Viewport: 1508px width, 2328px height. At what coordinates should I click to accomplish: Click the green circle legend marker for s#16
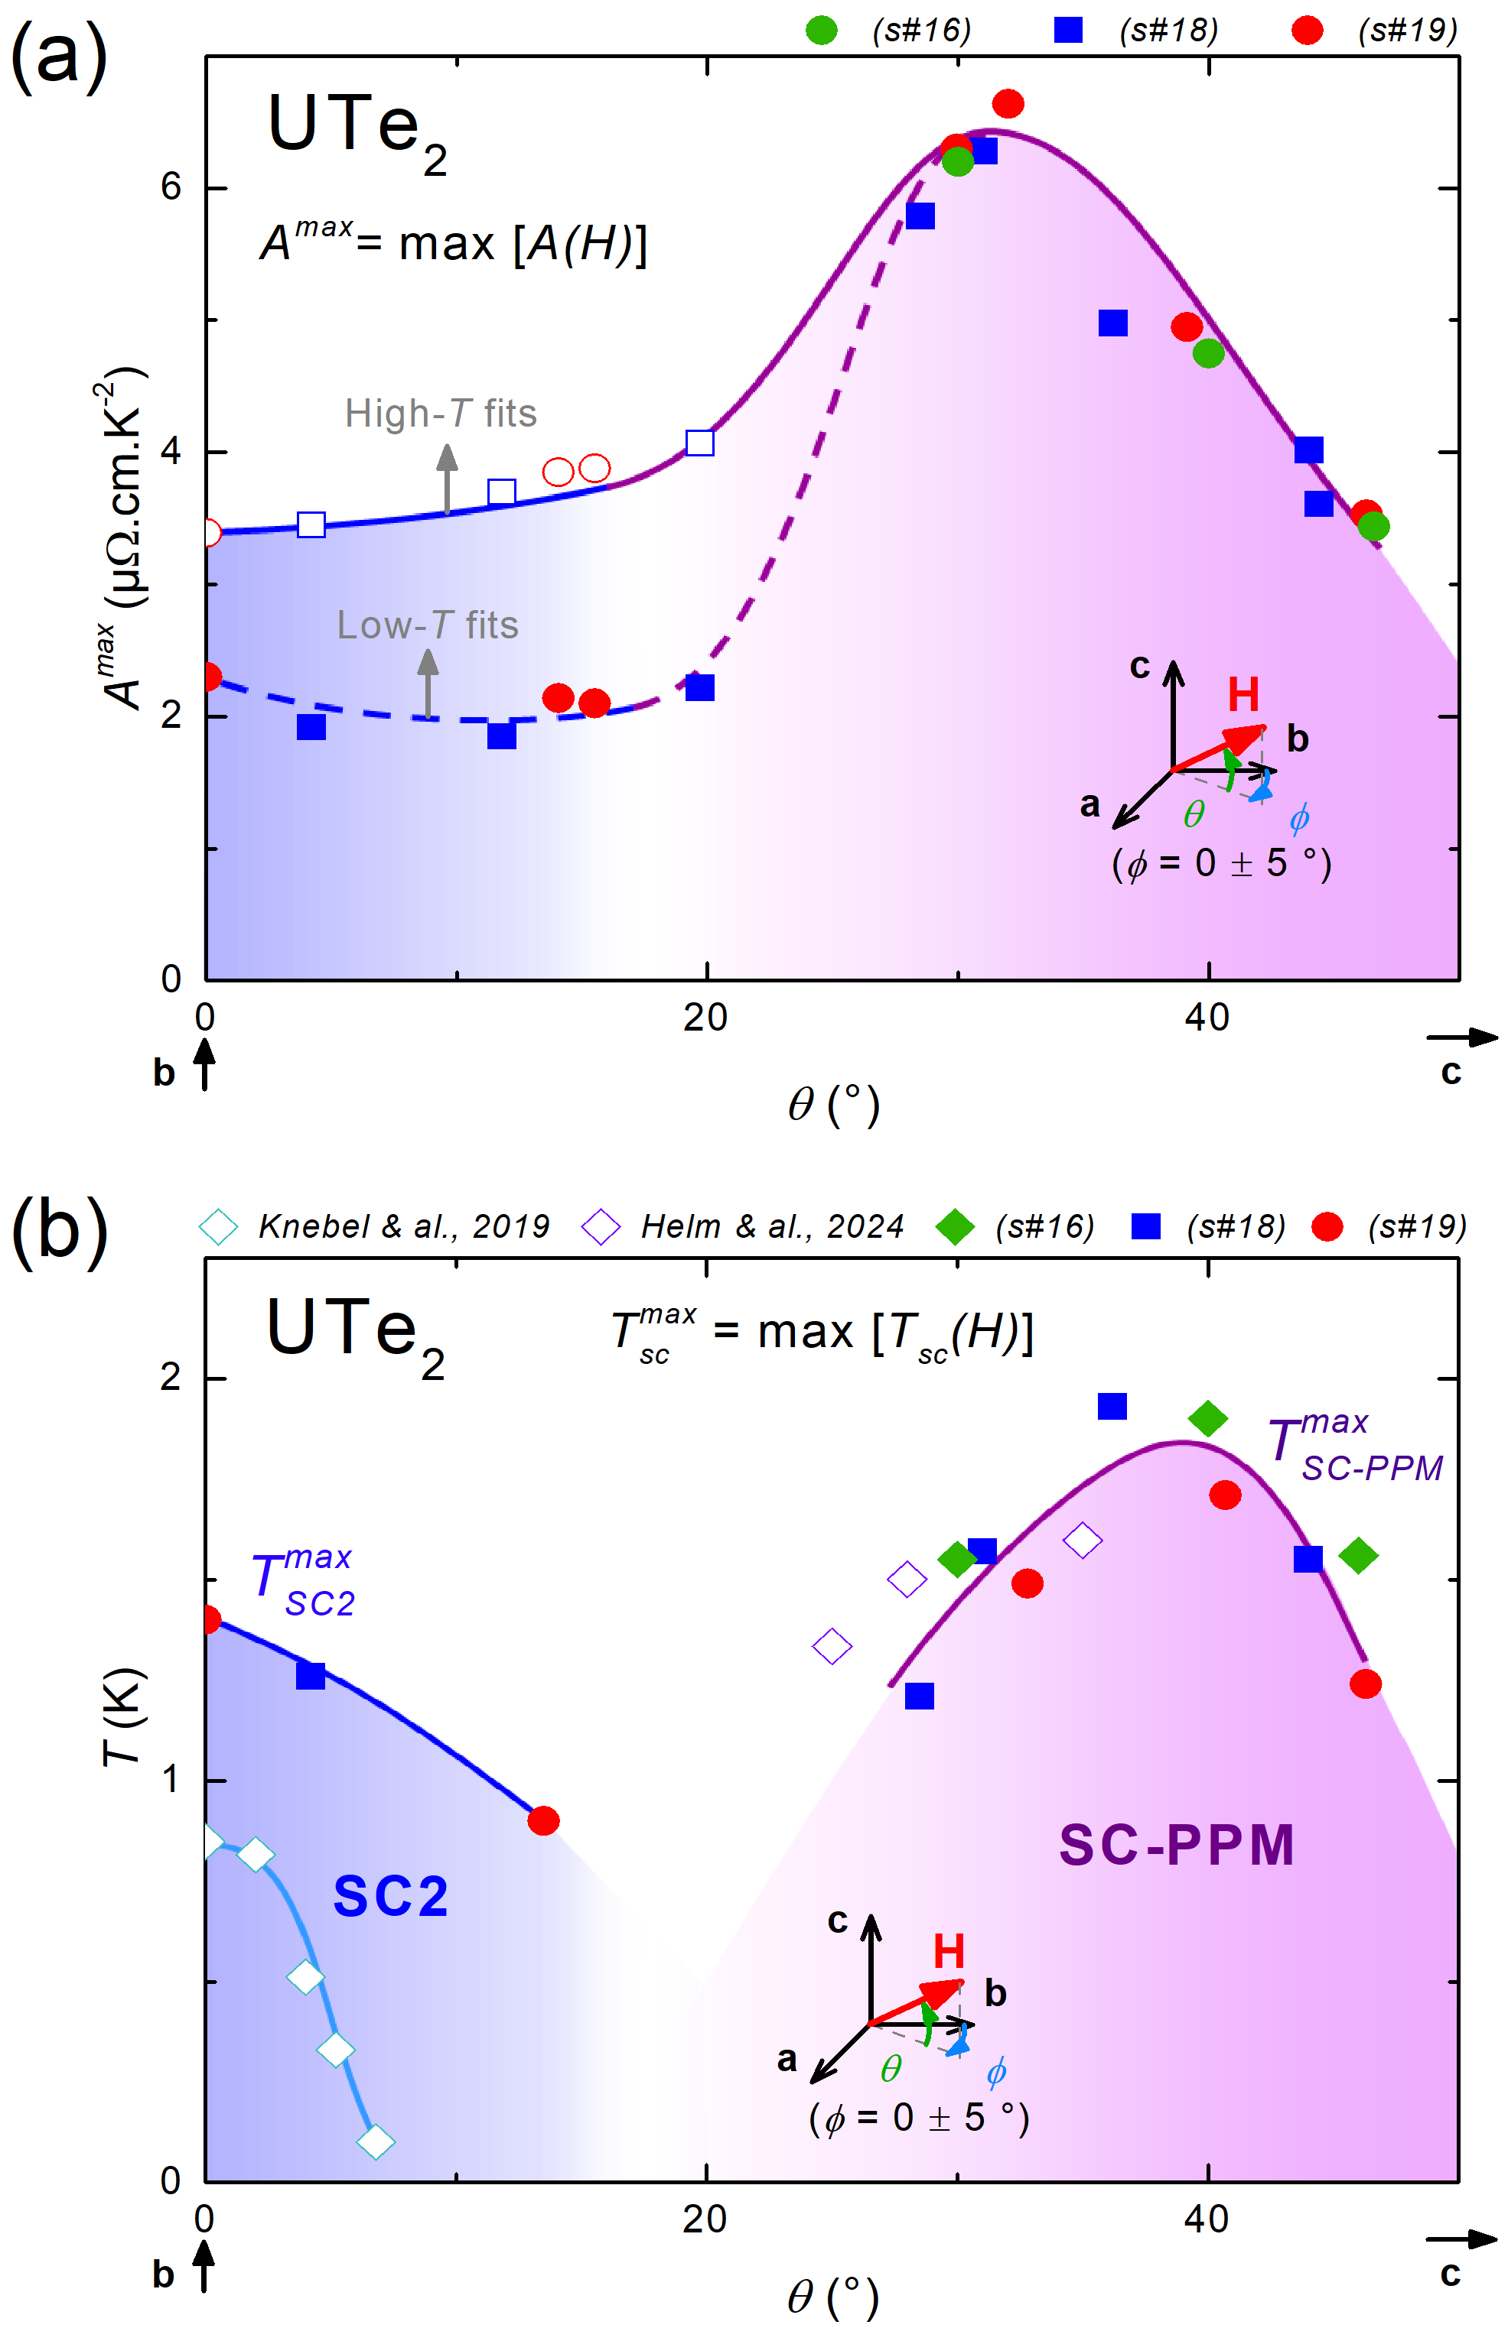click(821, 31)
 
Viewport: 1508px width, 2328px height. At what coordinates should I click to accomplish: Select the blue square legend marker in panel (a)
click(1067, 31)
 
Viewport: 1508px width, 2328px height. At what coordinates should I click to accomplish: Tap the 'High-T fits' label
click(441, 414)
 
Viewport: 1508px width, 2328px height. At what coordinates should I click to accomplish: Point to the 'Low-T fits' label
click(428, 625)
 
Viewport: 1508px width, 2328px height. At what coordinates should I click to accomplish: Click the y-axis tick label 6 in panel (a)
click(171, 187)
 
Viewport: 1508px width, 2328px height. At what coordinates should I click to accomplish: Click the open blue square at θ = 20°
click(700, 443)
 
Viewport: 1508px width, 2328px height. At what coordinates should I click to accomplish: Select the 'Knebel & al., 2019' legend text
click(403, 1226)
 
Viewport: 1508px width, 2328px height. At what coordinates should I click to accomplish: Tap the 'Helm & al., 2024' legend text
click(771, 1226)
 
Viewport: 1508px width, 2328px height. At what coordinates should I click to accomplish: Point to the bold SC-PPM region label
click(1176, 1845)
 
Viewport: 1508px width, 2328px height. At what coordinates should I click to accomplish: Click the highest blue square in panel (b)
click(1112, 1407)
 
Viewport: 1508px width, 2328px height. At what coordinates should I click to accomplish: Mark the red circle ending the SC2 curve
click(543, 1821)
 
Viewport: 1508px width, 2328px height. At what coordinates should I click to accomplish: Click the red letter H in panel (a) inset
click(1243, 696)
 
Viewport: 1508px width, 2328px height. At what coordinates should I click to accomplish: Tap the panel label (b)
click(59, 1229)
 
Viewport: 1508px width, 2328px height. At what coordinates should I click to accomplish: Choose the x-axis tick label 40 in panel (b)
click(1207, 2220)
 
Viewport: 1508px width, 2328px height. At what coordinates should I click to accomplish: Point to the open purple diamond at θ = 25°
click(832, 1646)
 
